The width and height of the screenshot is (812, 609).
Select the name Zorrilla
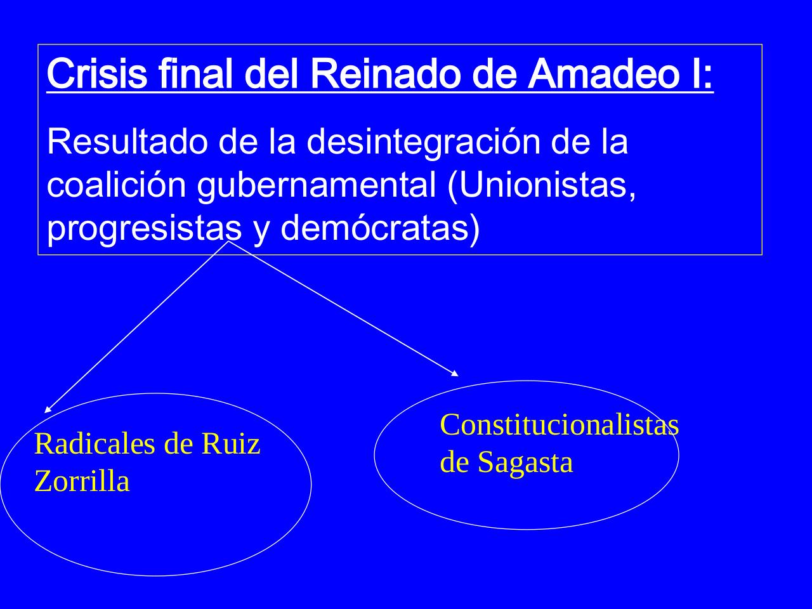(82, 481)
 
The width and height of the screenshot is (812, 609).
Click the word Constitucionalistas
(559, 424)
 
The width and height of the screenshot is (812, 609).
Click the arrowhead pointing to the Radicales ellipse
(47, 410)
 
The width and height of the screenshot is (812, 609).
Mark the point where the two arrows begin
(228, 241)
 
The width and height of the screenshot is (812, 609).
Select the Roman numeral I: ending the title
(703, 75)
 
